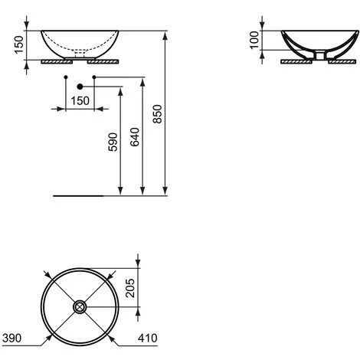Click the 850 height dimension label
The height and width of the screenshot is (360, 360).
click(158, 114)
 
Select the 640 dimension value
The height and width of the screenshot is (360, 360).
click(135, 137)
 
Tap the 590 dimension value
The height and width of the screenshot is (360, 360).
click(113, 142)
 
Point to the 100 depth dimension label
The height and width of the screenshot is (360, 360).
click(254, 40)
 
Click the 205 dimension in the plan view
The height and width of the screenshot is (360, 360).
click(130, 288)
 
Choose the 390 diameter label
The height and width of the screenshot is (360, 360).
click(11, 338)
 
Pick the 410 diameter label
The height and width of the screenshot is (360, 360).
click(148, 338)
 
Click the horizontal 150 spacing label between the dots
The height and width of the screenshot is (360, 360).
click(80, 101)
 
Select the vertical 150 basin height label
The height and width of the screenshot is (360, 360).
click(19, 44)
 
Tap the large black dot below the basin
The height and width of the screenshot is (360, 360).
click(80, 87)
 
